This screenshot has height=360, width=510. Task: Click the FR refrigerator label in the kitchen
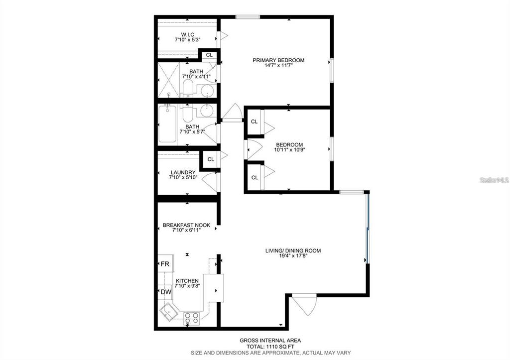(x=164, y=264)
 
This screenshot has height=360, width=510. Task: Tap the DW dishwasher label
(x=165, y=292)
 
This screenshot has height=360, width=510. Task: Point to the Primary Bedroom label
(x=278, y=60)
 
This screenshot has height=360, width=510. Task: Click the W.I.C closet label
(x=187, y=34)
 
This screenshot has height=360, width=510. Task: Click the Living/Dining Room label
(x=293, y=250)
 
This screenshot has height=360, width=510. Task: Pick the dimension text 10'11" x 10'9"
(x=290, y=149)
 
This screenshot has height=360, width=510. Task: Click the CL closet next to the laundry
(x=211, y=159)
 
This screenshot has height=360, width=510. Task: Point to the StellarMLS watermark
(x=494, y=180)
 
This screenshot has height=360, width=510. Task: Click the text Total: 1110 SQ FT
(x=271, y=347)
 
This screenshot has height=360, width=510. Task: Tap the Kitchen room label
(x=187, y=281)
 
